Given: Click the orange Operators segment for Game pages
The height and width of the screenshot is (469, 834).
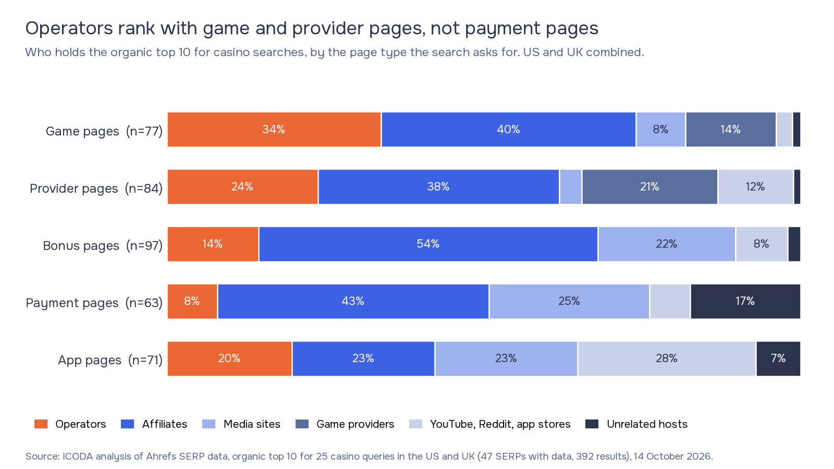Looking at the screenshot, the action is (274, 130).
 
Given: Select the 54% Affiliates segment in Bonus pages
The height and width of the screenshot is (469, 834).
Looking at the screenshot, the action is (428, 244).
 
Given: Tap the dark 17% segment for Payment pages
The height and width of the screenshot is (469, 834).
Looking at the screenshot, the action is (745, 302).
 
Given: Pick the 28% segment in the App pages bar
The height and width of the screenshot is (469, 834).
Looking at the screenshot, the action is (667, 359).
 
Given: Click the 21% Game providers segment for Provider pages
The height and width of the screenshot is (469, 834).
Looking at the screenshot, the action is (649, 187).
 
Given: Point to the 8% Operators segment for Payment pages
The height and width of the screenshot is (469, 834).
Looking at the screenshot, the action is (192, 302).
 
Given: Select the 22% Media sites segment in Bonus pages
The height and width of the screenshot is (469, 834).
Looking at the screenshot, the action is (667, 244).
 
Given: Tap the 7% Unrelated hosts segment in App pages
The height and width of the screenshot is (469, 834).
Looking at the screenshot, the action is (778, 359).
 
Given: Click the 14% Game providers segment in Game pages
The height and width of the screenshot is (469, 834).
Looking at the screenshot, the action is (731, 130).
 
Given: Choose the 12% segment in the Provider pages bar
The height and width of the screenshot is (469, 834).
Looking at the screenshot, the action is (755, 187).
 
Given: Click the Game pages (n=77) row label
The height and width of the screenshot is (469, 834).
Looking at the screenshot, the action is (104, 131).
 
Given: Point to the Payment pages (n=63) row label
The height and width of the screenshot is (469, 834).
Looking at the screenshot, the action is (94, 303).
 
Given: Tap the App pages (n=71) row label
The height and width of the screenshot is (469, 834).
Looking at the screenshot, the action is (110, 360).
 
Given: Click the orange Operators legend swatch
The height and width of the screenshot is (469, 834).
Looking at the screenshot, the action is (41, 424).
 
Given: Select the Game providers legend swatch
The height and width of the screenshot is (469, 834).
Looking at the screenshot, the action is (302, 424).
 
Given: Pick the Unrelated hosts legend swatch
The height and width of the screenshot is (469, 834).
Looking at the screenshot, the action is (592, 424).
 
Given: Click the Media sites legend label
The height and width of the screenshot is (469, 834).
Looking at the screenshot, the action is (252, 424).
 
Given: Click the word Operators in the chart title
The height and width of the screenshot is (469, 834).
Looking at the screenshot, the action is (69, 29).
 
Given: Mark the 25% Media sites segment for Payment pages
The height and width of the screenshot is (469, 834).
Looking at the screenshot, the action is (569, 302).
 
